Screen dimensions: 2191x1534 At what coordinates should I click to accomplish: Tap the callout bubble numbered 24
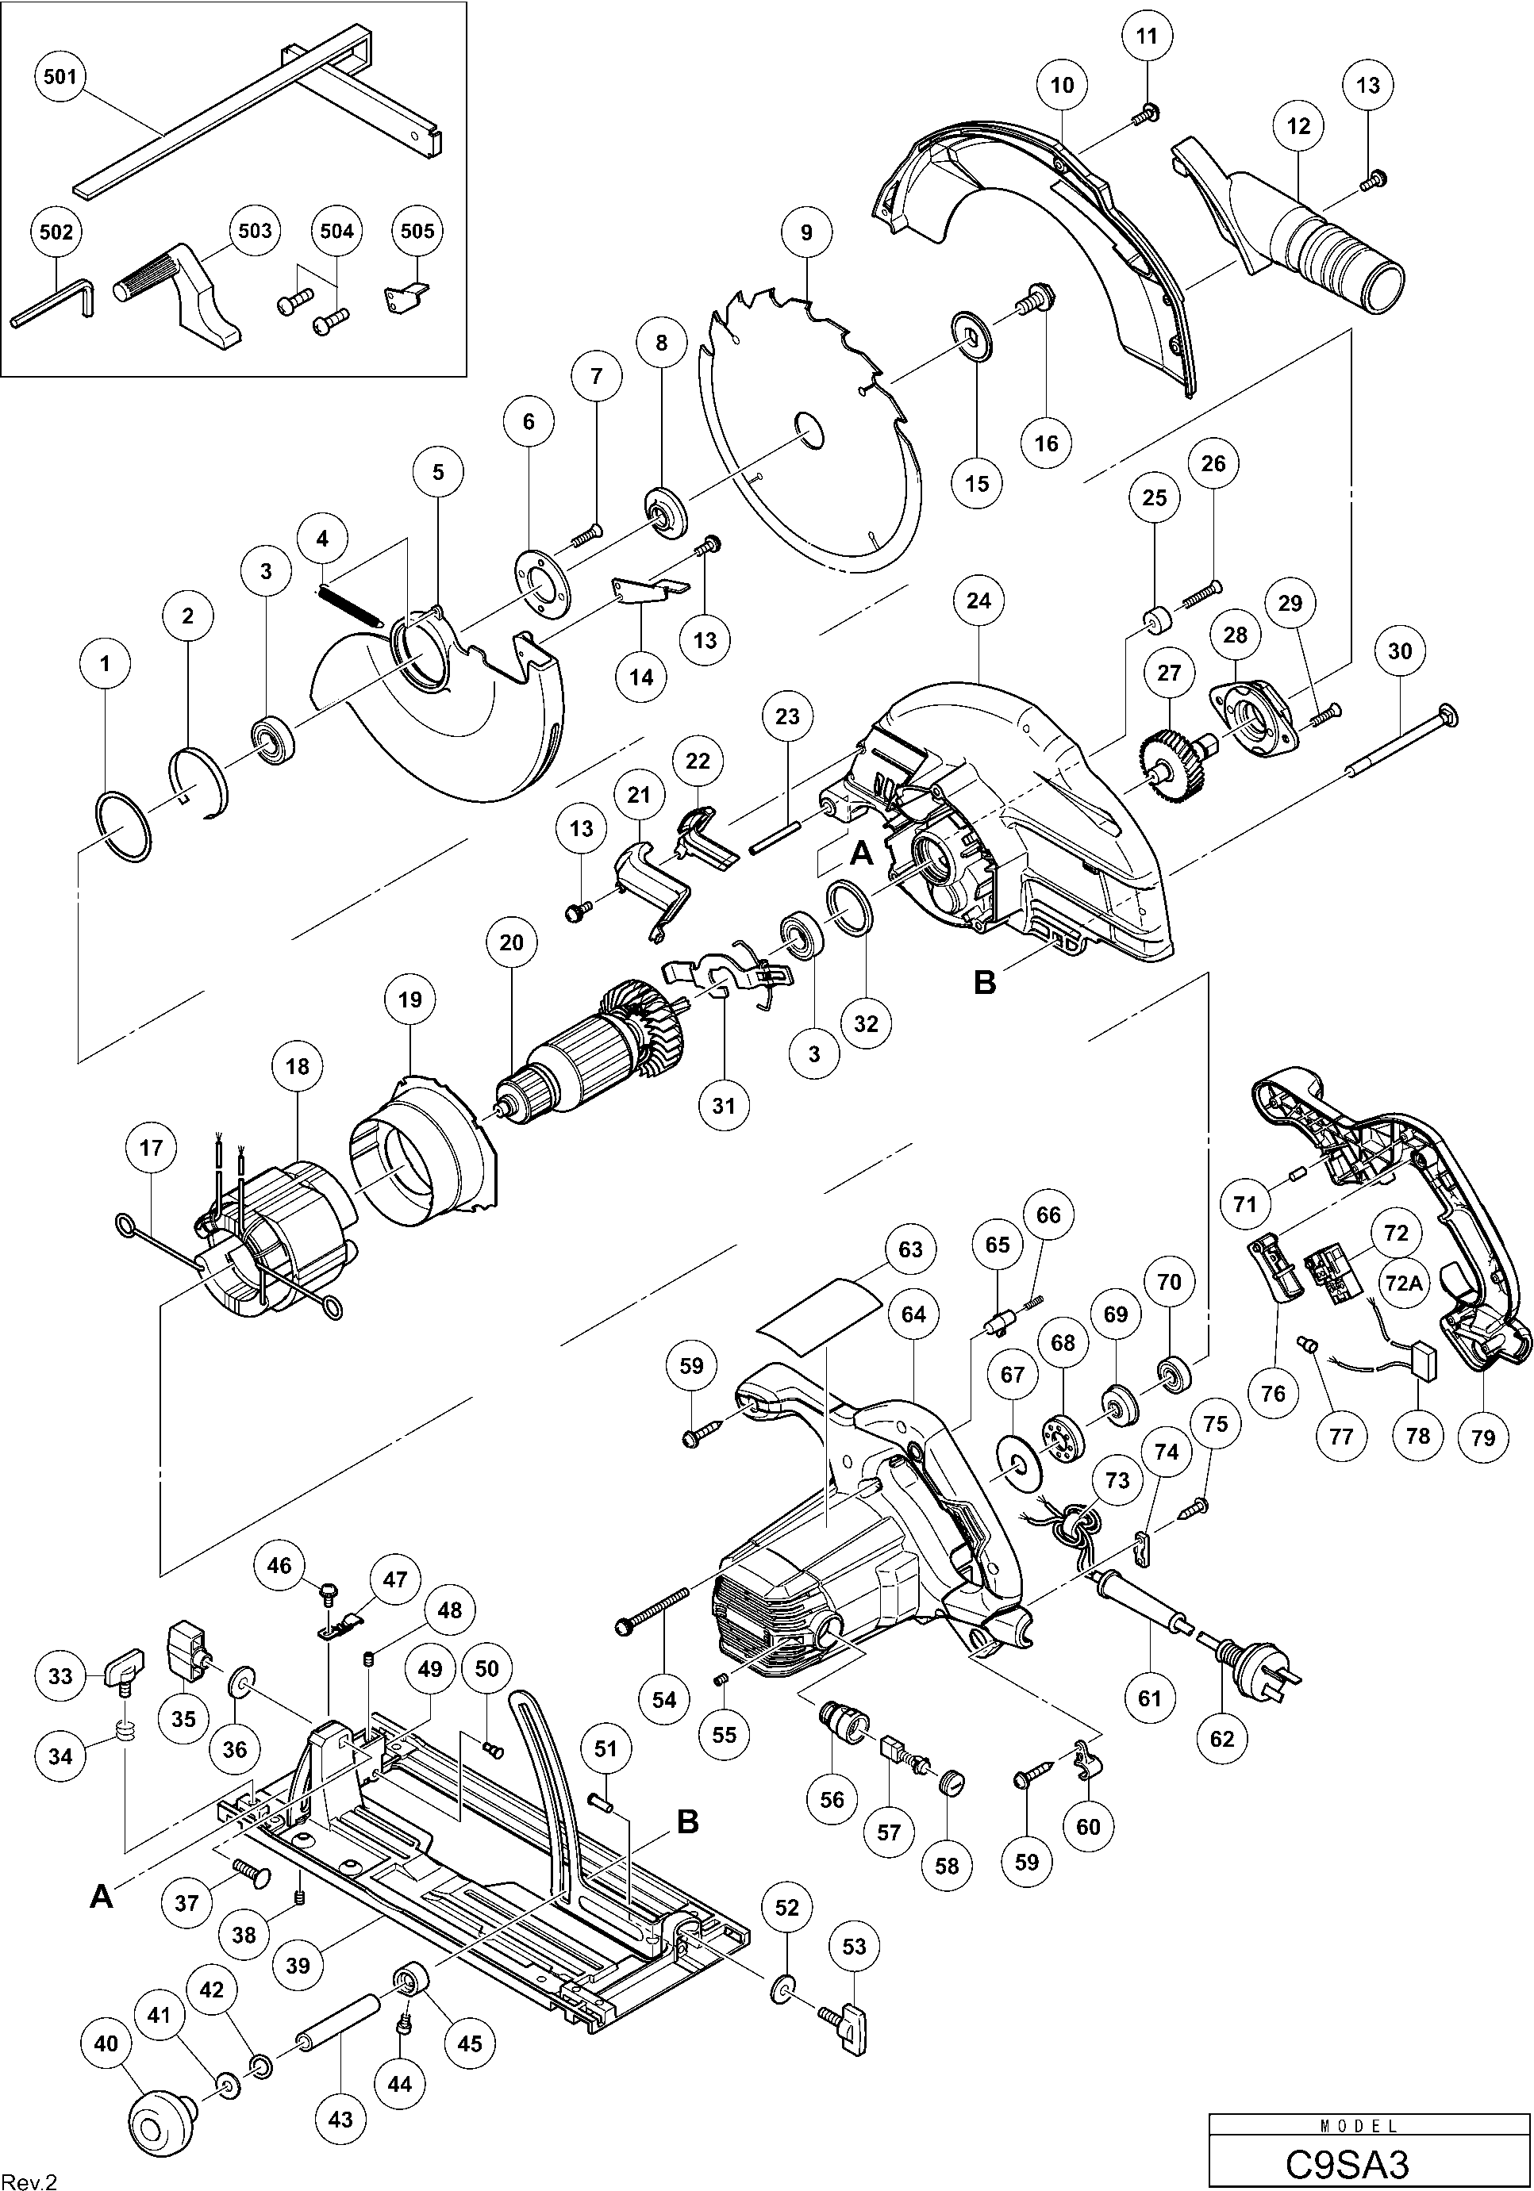pyautogui.click(x=978, y=601)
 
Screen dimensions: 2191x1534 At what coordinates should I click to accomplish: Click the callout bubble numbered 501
pyautogui.click(x=60, y=75)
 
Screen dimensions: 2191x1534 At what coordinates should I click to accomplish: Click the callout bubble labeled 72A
pyautogui.click(x=1402, y=1284)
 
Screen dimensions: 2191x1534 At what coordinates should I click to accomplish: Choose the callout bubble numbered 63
pyautogui.click(x=909, y=1249)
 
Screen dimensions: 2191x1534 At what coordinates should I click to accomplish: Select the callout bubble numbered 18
pyautogui.click(x=297, y=1066)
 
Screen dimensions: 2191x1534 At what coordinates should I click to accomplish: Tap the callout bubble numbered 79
pyautogui.click(x=1482, y=1437)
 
